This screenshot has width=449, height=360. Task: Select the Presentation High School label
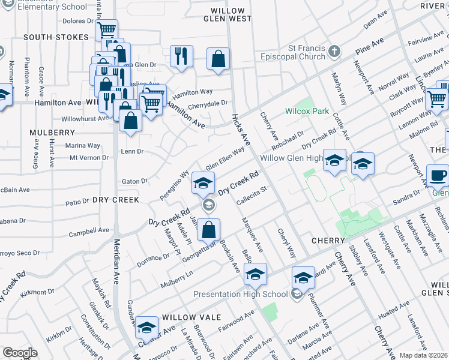(x=240, y=294)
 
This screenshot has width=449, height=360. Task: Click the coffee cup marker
(x=438, y=176)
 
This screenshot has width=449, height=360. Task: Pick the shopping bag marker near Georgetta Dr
(x=208, y=230)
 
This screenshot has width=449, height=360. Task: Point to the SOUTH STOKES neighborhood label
(x=56, y=37)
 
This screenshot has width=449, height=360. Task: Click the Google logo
(x=20, y=353)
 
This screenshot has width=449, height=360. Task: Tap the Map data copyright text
(x=423, y=355)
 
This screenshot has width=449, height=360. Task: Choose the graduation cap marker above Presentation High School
(x=256, y=275)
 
